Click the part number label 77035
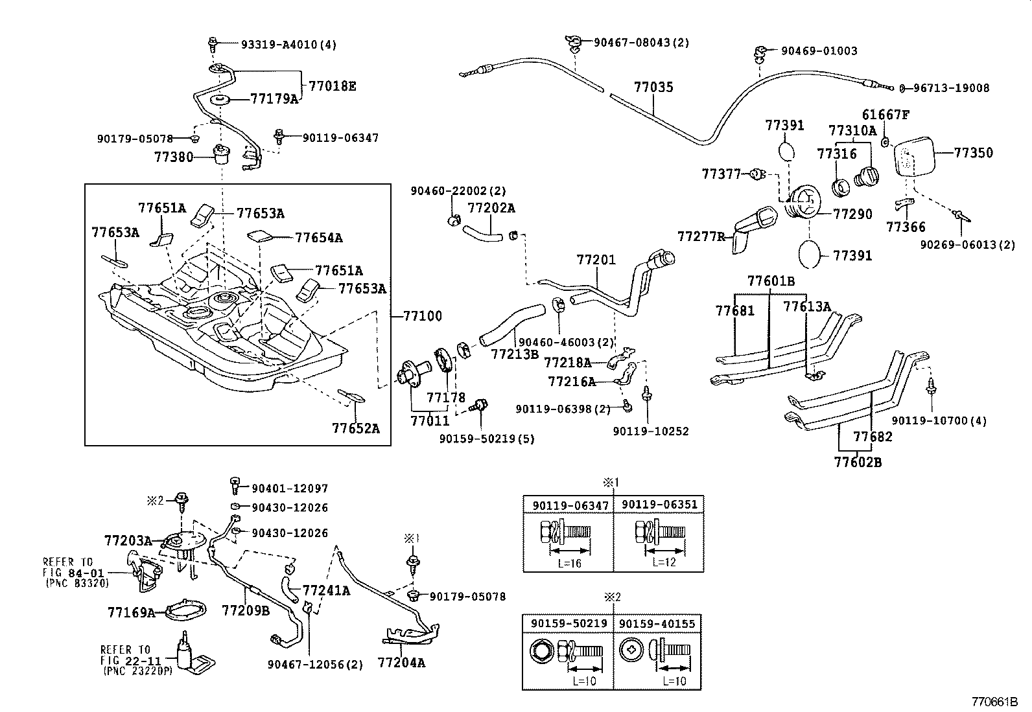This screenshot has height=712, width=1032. point(653,87)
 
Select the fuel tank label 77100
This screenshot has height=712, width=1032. point(422,316)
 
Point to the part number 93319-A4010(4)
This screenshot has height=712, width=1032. point(289,45)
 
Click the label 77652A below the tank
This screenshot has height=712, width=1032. point(356,428)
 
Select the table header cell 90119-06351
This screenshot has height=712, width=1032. point(658,505)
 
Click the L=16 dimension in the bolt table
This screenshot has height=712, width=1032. point(569,564)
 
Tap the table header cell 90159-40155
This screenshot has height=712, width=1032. point(657,624)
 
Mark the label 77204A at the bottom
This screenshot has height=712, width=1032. point(401,663)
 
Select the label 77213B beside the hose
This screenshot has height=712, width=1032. point(515,354)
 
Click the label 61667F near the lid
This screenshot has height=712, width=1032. point(885,115)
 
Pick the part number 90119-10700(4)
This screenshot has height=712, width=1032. point(939,420)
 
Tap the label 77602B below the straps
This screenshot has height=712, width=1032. point(858,463)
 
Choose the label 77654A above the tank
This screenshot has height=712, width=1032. point(318,238)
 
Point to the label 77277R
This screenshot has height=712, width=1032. point(701,236)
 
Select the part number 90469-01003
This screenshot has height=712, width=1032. point(819,51)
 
